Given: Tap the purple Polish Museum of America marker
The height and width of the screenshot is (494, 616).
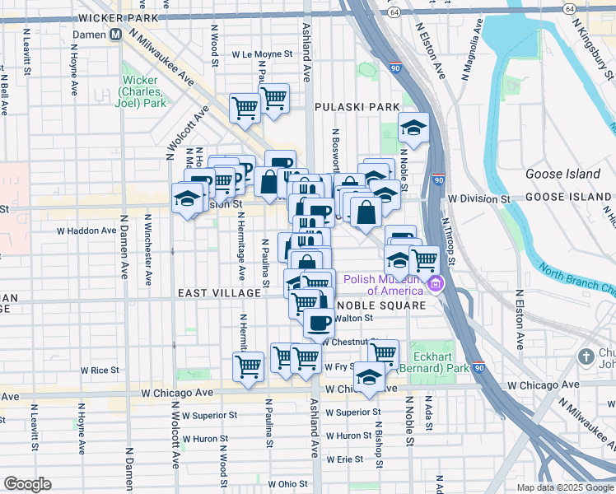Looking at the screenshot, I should coord(434,286).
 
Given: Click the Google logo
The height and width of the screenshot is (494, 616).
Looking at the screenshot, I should coord(27,484).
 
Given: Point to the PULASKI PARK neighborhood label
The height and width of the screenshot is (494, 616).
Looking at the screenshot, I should coord(357,107).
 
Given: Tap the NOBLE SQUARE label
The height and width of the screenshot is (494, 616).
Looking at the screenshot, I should coord(385,305).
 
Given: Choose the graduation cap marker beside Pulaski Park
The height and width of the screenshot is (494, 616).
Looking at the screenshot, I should coord(413,127).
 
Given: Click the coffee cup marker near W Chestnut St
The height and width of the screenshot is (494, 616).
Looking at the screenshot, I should coord(319,321).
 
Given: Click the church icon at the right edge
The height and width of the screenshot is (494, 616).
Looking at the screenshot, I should coord(586,357).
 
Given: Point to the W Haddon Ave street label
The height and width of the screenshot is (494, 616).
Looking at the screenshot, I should coord(86,231).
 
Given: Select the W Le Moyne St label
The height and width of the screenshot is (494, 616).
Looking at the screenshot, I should coord(263,54).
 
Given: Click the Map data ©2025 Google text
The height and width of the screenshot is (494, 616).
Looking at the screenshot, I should coord(565,487).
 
